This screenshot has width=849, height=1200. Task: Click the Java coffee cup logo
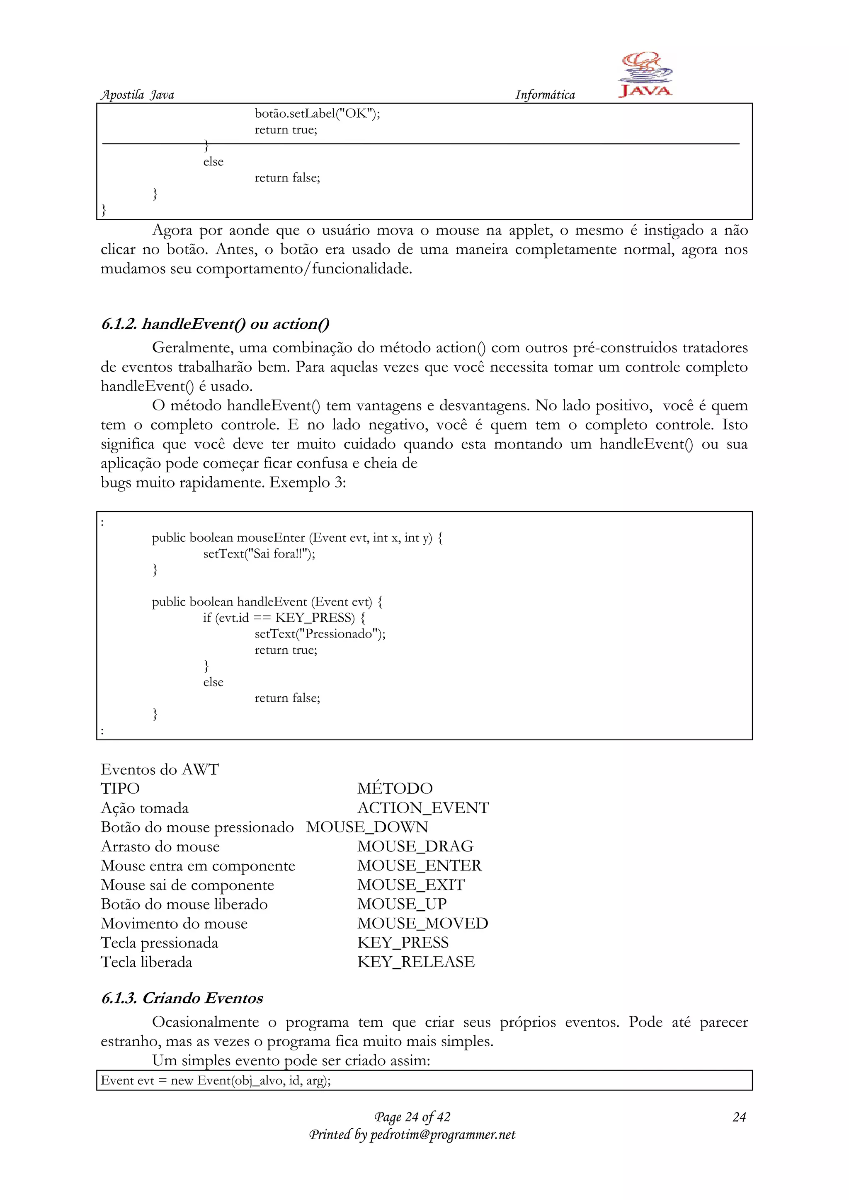tap(645, 75)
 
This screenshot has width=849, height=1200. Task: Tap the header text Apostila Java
tap(137, 95)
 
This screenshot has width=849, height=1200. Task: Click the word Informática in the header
tap(545, 95)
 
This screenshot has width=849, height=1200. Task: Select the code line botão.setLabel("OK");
tap(317, 114)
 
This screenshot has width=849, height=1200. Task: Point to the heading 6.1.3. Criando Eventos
tap(182, 998)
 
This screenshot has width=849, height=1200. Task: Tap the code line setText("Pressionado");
tap(320, 633)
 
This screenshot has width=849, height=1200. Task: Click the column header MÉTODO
tap(395, 789)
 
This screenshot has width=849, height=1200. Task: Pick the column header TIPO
tap(120, 789)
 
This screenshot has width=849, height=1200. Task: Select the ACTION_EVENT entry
tap(423, 808)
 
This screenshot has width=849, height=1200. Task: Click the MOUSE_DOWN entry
tap(367, 827)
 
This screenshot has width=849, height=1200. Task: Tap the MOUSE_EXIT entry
tap(411, 885)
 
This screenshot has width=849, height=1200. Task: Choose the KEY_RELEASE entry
tap(416, 962)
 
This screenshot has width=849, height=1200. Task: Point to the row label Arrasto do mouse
tap(160, 847)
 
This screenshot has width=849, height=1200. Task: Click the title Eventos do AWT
tap(160, 769)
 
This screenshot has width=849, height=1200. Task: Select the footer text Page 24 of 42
tap(412, 1117)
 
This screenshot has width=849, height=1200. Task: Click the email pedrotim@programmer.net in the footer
tap(442, 1135)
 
